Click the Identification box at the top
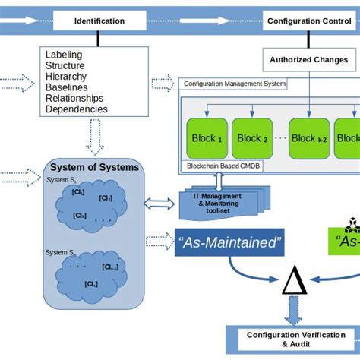point(99,21)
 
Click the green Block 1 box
point(205,138)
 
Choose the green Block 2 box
point(254,138)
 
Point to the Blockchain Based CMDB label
point(223,166)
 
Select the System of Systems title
point(95,168)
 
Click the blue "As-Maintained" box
point(229,242)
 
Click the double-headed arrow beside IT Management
point(160,202)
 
